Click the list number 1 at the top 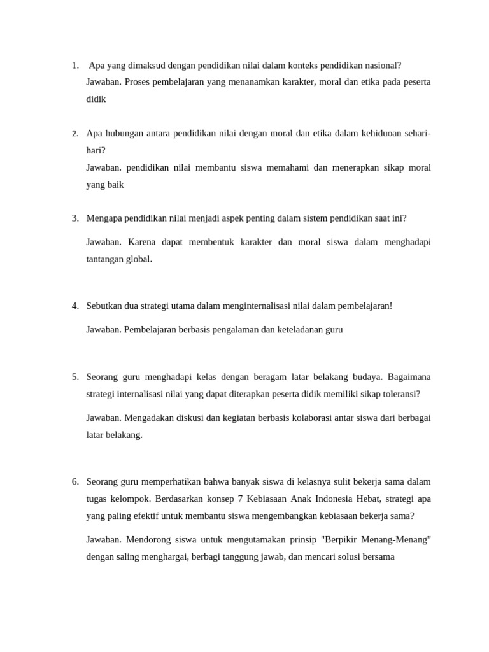coord(74,66)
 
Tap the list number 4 coord(74,306)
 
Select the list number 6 coord(74,481)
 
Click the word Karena coord(143,243)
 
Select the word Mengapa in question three coord(105,218)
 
